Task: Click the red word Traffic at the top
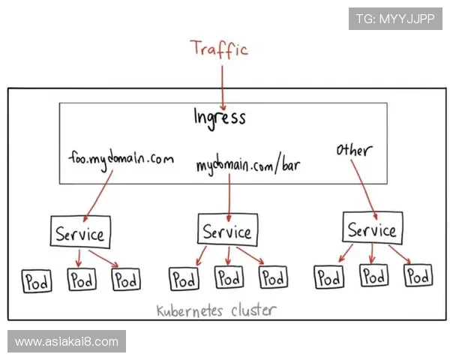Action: pos(218,49)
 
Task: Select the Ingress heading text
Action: pos(220,117)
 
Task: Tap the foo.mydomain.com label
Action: pos(120,159)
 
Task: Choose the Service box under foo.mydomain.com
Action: pos(80,233)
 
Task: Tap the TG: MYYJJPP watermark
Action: pos(395,19)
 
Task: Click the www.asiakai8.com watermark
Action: pos(66,342)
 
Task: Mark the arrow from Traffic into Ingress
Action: pos(222,82)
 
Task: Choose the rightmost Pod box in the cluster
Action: pos(418,276)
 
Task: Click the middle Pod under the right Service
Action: pos(373,276)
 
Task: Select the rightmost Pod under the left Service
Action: pos(126,281)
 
